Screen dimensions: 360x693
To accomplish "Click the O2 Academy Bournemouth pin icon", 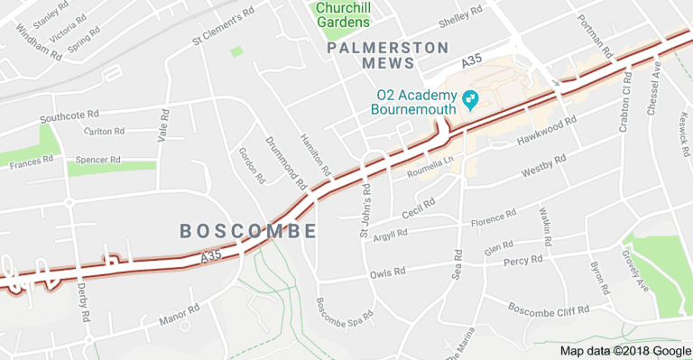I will tap(469, 97).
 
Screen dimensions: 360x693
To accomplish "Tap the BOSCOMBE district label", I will tap(248, 231).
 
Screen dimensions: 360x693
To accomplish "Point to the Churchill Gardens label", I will tap(343, 14).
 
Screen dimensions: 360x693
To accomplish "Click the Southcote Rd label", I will tap(69, 117).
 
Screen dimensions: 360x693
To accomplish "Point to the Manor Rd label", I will tap(179, 315).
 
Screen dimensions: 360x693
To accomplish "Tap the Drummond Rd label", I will tap(281, 157).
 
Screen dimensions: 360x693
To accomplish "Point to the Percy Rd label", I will tap(523, 261).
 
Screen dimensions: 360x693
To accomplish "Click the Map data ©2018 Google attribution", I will tap(625, 351).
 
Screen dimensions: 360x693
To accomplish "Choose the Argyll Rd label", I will tap(390, 233).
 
